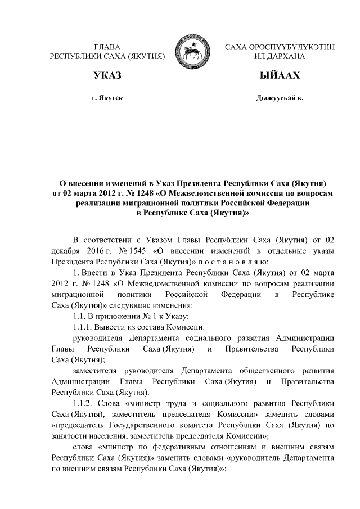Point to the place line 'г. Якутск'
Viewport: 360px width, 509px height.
click(107, 98)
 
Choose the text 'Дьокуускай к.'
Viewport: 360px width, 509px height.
click(280, 98)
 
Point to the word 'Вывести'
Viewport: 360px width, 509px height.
click(110, 327)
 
